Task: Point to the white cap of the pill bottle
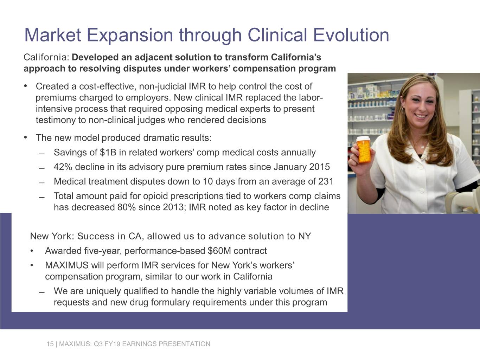coord(363,139)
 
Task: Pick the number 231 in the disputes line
coord(326,181)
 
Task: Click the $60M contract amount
coord(219,251)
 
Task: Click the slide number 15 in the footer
coord(50,344)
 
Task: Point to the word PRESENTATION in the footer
coord(184,344)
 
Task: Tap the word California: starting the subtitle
coord(46,57)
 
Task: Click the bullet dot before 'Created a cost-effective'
coord(26,86)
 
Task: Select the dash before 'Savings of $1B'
coord(42,154)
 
